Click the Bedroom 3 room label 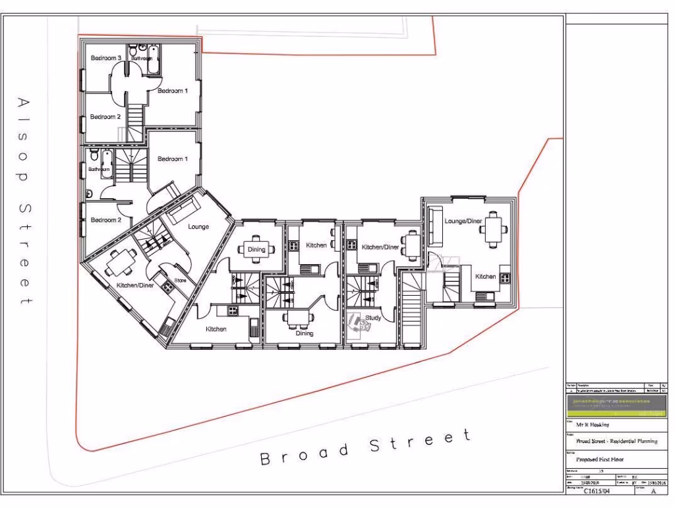click(x=105, y=58)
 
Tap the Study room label click(x=373, y=318)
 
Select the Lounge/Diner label click(x=463, y=220)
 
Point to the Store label click(x=180, y=281)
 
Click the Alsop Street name click(x=24, y=201)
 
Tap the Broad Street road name click(x=366, y=447)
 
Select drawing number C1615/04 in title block click(x=597, y=490)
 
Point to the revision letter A click(x=653, y=490)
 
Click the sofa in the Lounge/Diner click(x=435, y=226)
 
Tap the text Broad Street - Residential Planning click(x=612, y=441)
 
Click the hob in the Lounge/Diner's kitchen click(x=506, y=277)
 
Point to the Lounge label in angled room click(x=198, y=226)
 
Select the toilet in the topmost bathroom click(x=134, y=50)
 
